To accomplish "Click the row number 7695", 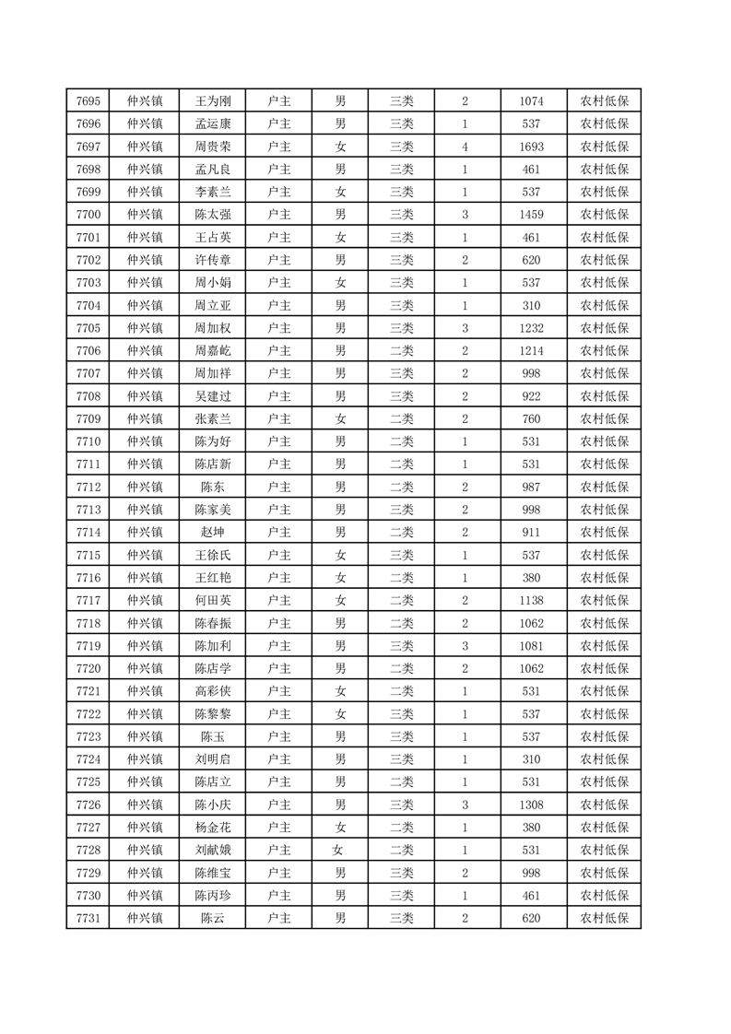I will coord(88,101).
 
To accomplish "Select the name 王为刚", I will coord(213,101).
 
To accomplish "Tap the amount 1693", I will coord(532,147).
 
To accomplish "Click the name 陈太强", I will coord(213,215).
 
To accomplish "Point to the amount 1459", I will coord(532,215).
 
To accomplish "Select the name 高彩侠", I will coord(213,691).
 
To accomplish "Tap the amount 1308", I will coord(532,805).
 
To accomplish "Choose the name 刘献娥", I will coord(213,850).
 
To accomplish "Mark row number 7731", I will coord(88,918).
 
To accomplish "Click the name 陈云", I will coord(213,918).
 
